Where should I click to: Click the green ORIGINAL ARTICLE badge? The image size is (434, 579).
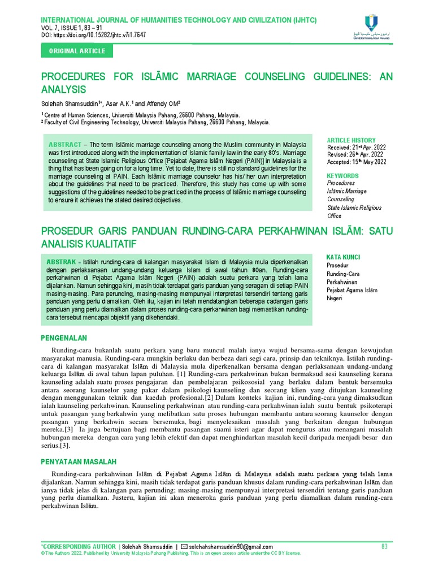point(77,51)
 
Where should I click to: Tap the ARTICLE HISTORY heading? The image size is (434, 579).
point(351,140)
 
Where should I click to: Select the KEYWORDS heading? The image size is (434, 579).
point(342,176)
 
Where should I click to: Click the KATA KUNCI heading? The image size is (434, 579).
point(343,257)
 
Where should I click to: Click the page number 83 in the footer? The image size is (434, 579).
point(385,547)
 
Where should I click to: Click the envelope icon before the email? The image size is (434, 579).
point(184,547)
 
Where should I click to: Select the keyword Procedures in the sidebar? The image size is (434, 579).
point(341,183)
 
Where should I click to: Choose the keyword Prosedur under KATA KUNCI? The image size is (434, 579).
point(337,265)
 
